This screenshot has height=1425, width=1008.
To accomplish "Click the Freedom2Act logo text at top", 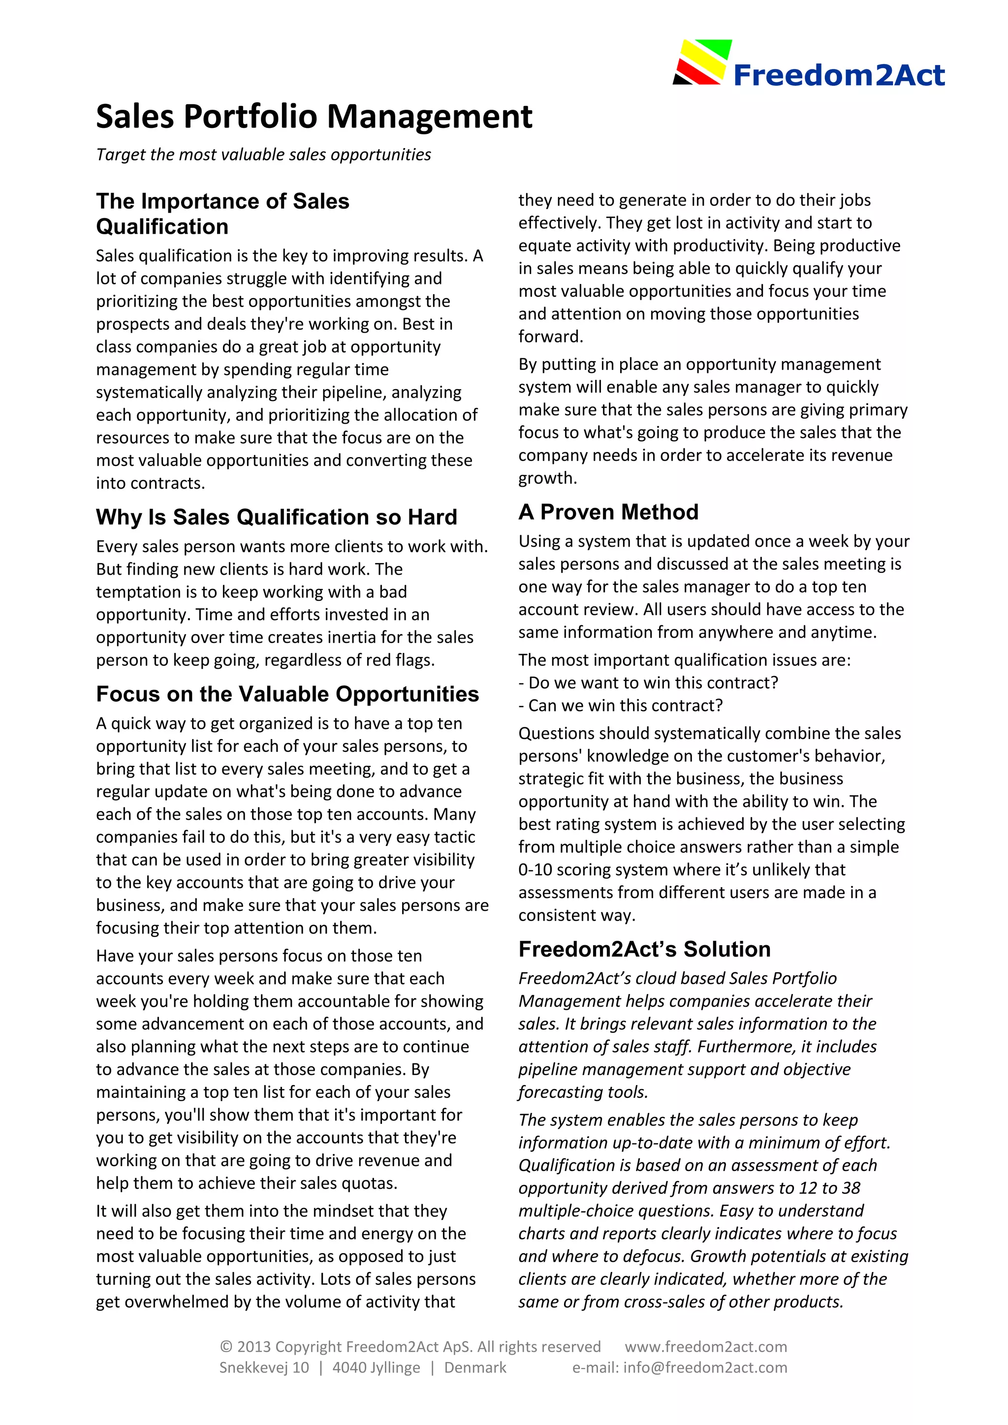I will (839, 75).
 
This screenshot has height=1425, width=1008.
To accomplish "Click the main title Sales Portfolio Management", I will (314, 117).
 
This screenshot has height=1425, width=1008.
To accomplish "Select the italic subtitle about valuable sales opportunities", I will (263, 155).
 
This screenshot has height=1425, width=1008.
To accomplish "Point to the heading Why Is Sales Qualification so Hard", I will (276, 517).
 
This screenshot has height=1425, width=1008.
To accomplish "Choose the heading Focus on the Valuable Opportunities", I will (287, 694).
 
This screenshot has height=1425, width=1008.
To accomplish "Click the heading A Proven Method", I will (608, 512).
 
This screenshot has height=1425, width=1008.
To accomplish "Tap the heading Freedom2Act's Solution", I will (644, 949).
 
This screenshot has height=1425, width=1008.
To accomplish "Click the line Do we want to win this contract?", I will (648, 682).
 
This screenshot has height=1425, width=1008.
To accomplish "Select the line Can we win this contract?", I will (621, 706).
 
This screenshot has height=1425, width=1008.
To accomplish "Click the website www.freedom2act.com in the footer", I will (706, 1347).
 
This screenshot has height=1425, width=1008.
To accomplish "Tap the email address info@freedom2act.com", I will (705, 1367).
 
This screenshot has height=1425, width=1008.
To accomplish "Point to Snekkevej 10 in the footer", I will (264, 1367).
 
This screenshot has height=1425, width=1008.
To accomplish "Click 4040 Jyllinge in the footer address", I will (376, 1367).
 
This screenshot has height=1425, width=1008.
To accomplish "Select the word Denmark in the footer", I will (475, 1367).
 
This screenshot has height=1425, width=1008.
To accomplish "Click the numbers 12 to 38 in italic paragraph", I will (829, 1188).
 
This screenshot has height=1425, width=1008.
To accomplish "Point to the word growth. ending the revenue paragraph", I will (547, 478).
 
